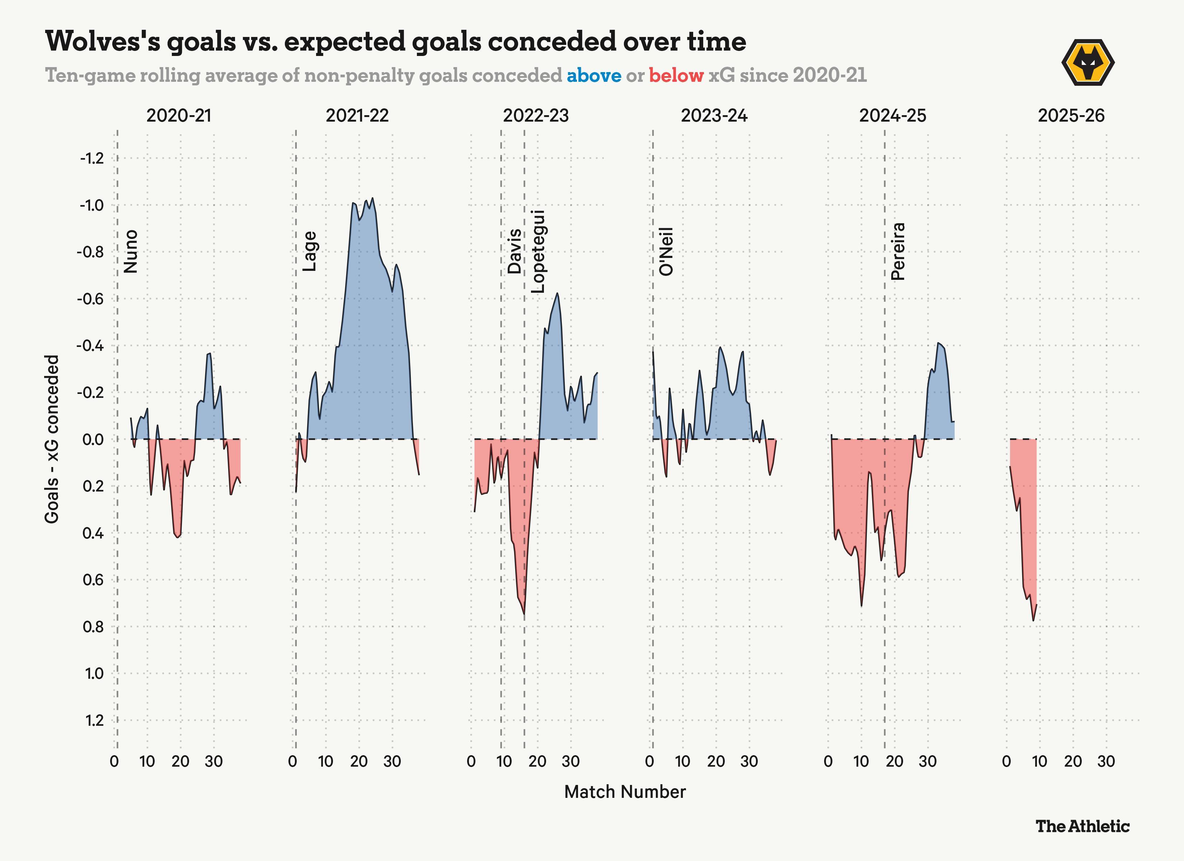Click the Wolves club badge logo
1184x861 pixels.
[1088, 63]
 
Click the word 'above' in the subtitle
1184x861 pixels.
[594, 76]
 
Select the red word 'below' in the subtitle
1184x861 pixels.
[676, 76]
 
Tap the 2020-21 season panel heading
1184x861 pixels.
[179, 116]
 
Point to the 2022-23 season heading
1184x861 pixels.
[536, 116]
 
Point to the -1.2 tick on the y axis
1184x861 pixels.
[92, 158]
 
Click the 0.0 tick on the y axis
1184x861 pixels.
[93, 439]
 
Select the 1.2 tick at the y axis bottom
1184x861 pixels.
[94, 720]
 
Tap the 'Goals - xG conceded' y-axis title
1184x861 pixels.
[52, 439]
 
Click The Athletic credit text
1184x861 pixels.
[1082, 827]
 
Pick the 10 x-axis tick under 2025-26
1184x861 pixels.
[1039, 762]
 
